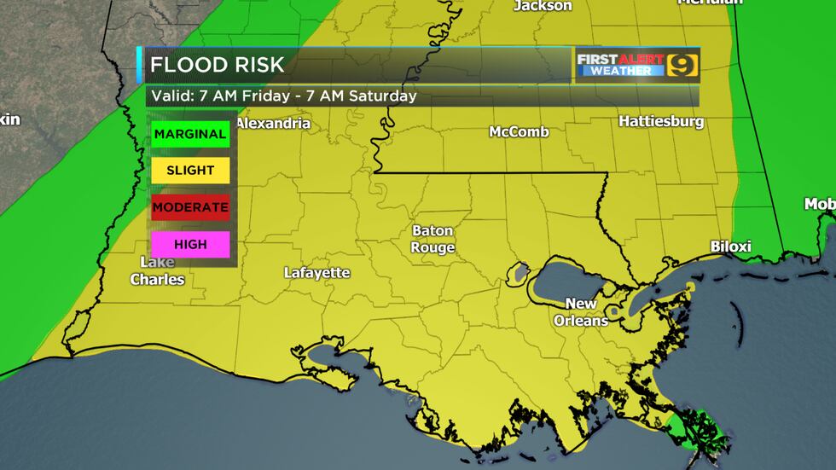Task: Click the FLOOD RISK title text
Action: coord(218,65)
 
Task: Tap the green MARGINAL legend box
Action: coord(191,134)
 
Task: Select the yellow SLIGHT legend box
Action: coord(191,170)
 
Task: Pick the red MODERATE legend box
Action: coord(191,206)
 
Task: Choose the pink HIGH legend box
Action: coord(191,244)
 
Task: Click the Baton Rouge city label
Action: coord(433,239)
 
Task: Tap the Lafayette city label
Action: coord(317,273)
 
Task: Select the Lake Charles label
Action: coord(158,271)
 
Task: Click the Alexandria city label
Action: coord(273,124)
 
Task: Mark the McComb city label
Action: coord(519,132)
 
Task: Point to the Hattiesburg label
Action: coord(661,122)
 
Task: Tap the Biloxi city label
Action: coord(731,247)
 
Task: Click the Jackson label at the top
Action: coord(543,6)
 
